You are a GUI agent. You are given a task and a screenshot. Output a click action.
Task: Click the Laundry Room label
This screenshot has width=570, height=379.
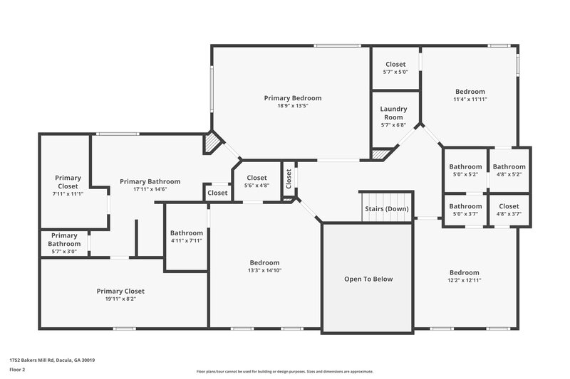click(393, 113)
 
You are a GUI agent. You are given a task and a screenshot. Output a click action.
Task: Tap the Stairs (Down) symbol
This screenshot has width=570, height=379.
click(386, 208)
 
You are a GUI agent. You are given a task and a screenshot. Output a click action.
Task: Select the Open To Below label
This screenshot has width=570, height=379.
click(368, 279)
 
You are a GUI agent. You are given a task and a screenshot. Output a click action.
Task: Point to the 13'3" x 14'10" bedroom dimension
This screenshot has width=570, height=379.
click(264, 270)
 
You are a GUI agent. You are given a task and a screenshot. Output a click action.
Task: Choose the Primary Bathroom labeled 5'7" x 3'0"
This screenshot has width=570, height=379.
click(64, 244)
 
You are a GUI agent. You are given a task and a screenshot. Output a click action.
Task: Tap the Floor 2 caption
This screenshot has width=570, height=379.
click(18, 370)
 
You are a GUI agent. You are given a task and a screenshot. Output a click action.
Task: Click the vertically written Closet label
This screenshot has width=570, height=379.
click(289, 181)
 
